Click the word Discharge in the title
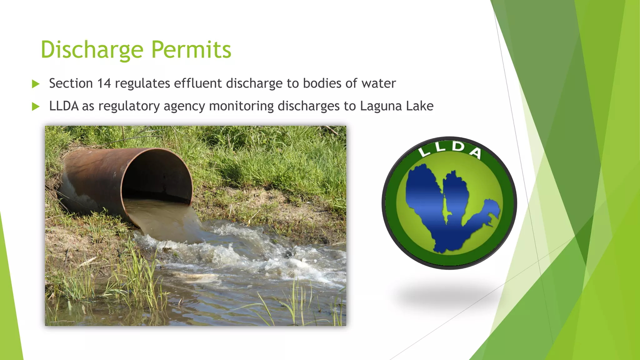92,50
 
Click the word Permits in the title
191,50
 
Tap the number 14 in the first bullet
104,83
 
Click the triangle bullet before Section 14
36,84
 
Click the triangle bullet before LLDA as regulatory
36,107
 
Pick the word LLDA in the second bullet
64,106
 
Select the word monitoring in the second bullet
241,106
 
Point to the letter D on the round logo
458,147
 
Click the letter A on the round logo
476,153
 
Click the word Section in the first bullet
71,83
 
